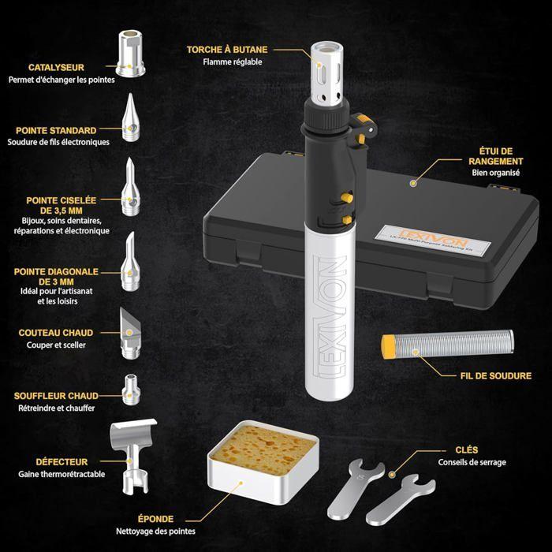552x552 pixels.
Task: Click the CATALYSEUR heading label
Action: pos(55,68)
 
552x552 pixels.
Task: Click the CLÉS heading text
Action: pos(444,449)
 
